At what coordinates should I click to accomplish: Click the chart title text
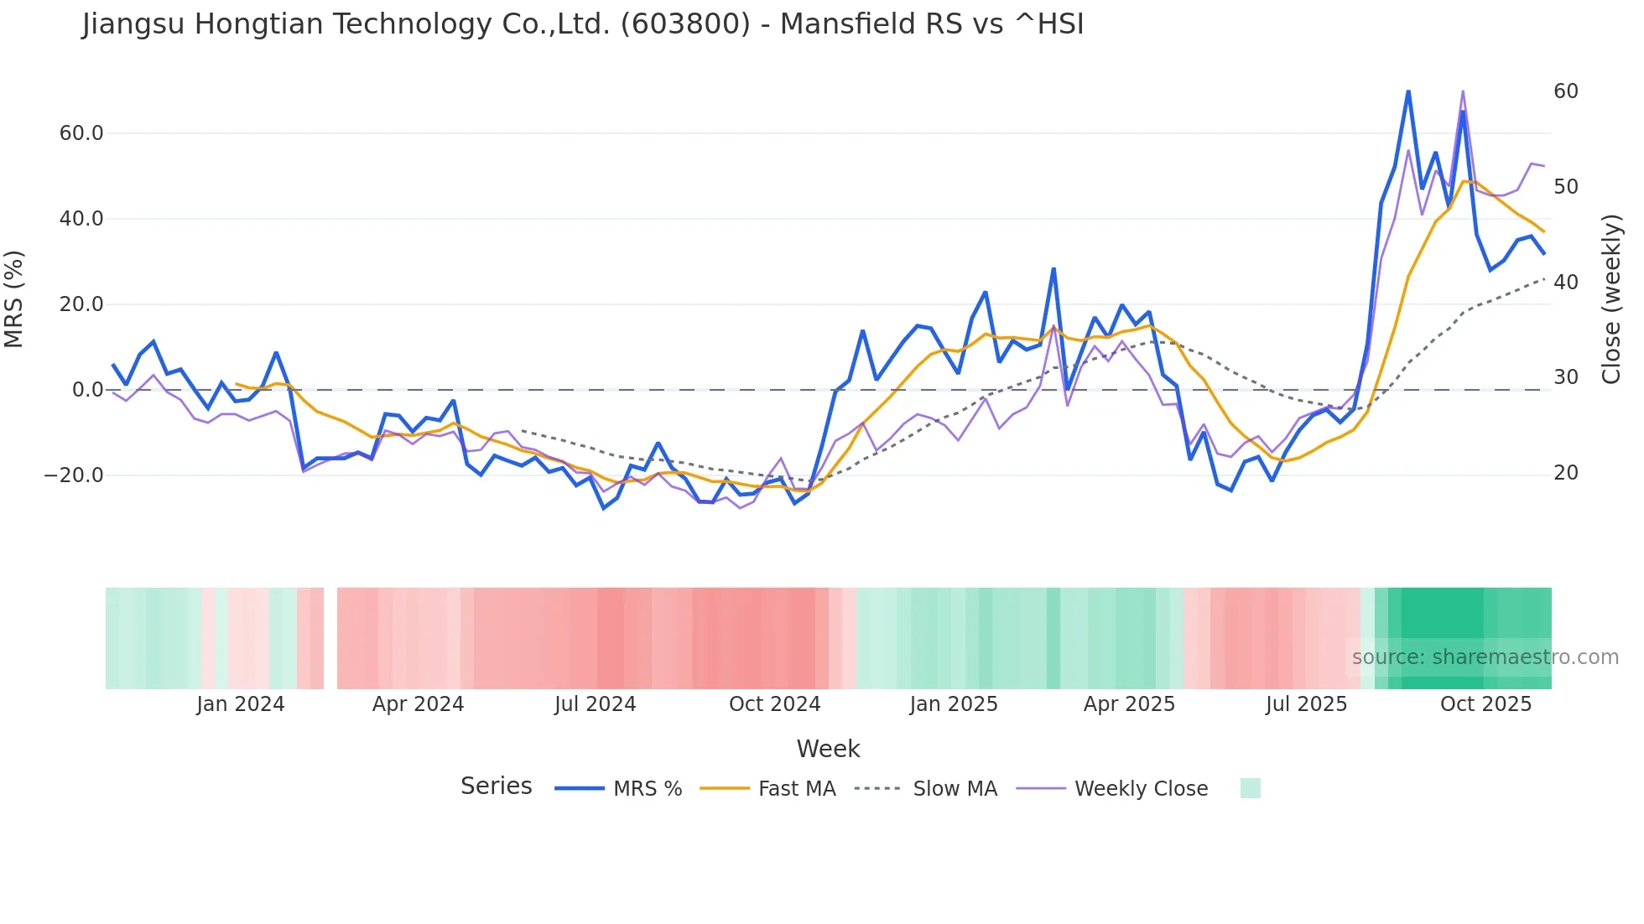[x=583, y=24]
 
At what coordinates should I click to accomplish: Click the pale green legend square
[x=1250, y=788]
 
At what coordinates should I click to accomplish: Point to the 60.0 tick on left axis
[x=81, y=133]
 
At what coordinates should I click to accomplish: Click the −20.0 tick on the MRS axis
[x=74, y=475]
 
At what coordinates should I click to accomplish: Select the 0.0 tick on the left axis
[x=87, y=390]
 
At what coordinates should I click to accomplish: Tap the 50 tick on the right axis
[x=1565, y=187]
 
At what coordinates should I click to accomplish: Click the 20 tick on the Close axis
[x=1565, y=473]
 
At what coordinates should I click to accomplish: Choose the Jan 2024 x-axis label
[x=241, y=704]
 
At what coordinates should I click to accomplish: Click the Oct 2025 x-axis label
[x=1485, y=704]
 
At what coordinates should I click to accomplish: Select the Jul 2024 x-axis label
[x=596, y=704]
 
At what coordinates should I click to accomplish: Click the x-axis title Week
[x=828, y=749]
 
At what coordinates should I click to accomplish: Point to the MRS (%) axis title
[x=14, y=299]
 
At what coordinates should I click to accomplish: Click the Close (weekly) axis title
[x=1611, y=299]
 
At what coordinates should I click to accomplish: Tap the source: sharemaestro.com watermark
[x=1485, y=657]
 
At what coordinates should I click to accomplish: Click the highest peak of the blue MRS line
[x=1408, y=91]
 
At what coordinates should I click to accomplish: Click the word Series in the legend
[x=496, y=786]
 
